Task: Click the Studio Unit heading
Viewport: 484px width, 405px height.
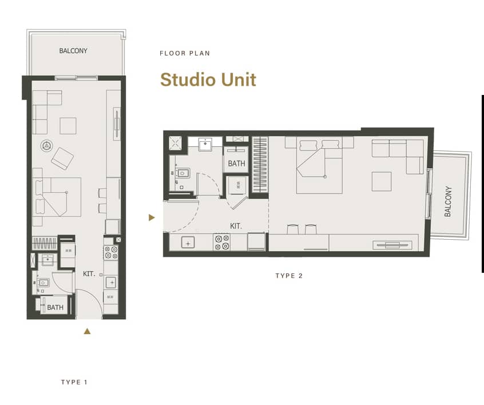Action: (208, 80)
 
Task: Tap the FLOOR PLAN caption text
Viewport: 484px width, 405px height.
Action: (185, 53)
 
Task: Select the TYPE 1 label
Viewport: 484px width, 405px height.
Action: (74, 382)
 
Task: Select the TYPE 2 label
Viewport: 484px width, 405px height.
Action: (289, 276)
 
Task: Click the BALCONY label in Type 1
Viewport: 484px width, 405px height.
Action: (74, 51)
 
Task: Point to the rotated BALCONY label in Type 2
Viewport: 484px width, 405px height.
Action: (448, 201)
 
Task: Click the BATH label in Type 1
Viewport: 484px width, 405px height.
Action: (55, 308)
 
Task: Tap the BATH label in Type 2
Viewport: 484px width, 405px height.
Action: (236, 164)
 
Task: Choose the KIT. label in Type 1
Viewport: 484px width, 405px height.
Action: (89, 274)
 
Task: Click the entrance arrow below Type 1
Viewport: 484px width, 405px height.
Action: (87, 331)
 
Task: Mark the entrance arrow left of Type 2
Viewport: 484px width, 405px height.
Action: (151, 217)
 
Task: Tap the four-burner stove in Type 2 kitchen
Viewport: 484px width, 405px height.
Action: (222, 243)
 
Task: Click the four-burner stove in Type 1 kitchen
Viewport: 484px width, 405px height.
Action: (111, 252)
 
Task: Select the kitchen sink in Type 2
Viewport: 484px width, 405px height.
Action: (188, 243)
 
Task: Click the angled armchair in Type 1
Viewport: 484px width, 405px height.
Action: (62, 157)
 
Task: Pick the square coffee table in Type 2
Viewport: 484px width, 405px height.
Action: (382, 181)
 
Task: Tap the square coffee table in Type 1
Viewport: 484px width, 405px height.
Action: (68, 125)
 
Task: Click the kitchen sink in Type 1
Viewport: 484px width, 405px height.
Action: (111, 282)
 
